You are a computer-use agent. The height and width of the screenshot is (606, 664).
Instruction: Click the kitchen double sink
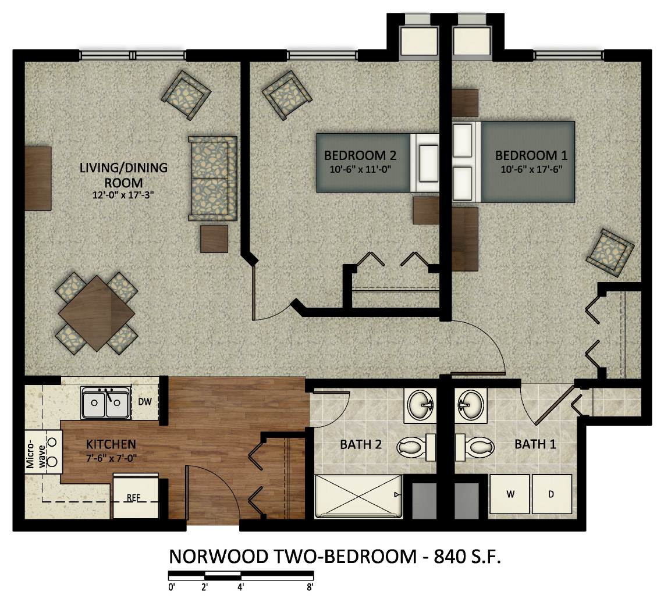tap(106, 402)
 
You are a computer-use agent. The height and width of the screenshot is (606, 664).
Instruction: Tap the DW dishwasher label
tap(145, 402)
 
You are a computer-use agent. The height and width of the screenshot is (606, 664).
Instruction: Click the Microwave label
tap(35, 452)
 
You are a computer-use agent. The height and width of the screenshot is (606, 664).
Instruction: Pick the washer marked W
tap(510, 494)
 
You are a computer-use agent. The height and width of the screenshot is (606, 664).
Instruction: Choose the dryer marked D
tap(552, 494)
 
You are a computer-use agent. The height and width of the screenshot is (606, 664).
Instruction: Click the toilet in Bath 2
tap(416, 447)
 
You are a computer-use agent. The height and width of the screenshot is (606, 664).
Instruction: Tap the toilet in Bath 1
tap(475, 447)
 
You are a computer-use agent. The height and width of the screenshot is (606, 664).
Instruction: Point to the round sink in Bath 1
tap(471, 405)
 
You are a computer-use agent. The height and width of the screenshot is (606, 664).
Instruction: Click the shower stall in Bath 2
tap(358, 496)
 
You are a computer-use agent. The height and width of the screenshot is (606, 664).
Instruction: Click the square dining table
tap(97, 313)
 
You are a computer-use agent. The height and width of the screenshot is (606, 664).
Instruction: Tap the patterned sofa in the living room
tap(212, 178)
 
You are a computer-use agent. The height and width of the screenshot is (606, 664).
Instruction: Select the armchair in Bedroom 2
tap(287, 95)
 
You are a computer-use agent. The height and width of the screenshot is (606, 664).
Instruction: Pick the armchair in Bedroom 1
tap(610, 252)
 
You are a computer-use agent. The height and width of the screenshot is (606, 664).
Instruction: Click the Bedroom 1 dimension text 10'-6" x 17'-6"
tap(531, 169)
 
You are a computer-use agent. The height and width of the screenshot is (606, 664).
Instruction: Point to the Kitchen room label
tap(111, 444)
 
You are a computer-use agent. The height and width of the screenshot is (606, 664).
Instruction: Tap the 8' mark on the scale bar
tap(310, 587)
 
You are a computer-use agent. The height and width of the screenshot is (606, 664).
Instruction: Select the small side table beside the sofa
tap(214, 238)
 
